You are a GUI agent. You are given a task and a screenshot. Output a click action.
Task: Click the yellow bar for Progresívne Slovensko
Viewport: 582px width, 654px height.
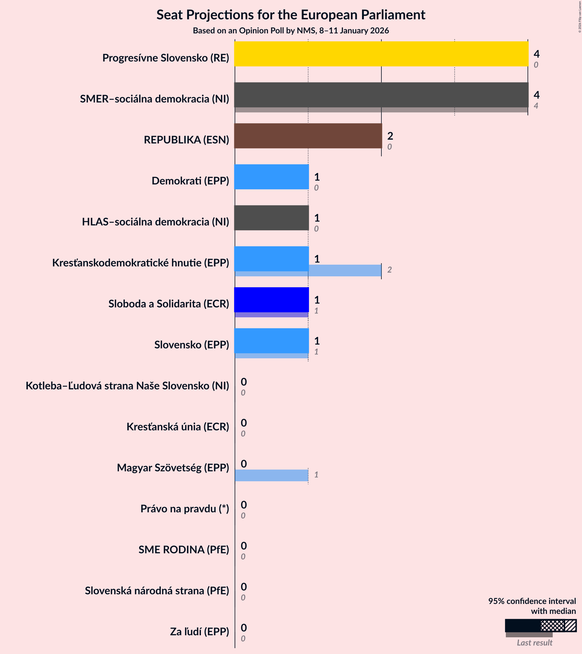point(381,54)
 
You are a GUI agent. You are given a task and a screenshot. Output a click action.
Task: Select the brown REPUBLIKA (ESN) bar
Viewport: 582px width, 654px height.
point(308,136)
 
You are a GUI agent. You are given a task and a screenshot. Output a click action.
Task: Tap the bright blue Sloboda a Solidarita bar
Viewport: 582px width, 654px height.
point(272,299)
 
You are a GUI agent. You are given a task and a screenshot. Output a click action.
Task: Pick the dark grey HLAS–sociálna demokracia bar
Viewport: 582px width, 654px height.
point(272,218)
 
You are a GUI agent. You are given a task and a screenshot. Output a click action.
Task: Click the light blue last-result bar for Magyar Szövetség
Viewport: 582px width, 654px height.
point(272,475)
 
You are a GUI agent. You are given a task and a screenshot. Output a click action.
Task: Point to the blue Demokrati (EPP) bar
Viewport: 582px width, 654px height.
point(272,177)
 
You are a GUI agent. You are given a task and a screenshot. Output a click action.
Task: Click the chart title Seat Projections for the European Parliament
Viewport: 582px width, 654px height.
point(291,15)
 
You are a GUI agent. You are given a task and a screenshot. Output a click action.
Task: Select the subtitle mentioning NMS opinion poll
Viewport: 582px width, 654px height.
point(291,31)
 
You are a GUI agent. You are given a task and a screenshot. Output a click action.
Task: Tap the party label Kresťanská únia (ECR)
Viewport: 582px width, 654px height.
point(178,427)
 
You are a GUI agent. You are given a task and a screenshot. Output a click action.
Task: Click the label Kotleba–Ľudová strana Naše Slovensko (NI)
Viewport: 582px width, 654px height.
point(127,386)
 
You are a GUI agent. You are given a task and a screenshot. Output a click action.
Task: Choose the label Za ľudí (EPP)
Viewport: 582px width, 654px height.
point(199,631)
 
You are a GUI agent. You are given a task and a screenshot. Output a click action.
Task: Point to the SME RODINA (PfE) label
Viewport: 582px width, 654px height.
point(184,549)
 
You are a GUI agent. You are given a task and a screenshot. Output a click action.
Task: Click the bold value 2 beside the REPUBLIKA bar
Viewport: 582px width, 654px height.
point(390,136)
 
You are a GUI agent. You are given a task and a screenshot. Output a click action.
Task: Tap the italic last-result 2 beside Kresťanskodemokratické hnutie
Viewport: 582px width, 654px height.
point(389,270)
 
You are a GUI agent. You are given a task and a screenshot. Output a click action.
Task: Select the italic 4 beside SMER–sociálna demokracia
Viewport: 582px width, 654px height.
point(536,106)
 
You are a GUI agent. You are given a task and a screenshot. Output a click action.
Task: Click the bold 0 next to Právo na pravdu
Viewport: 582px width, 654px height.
point(244,505)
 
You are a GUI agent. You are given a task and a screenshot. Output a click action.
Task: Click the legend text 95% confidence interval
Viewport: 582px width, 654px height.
point(532,601)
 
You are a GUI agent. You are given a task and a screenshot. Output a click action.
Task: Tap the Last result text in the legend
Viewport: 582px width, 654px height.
point(534,643)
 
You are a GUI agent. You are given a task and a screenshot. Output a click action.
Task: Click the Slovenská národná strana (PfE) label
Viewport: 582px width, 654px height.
point(157,590)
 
